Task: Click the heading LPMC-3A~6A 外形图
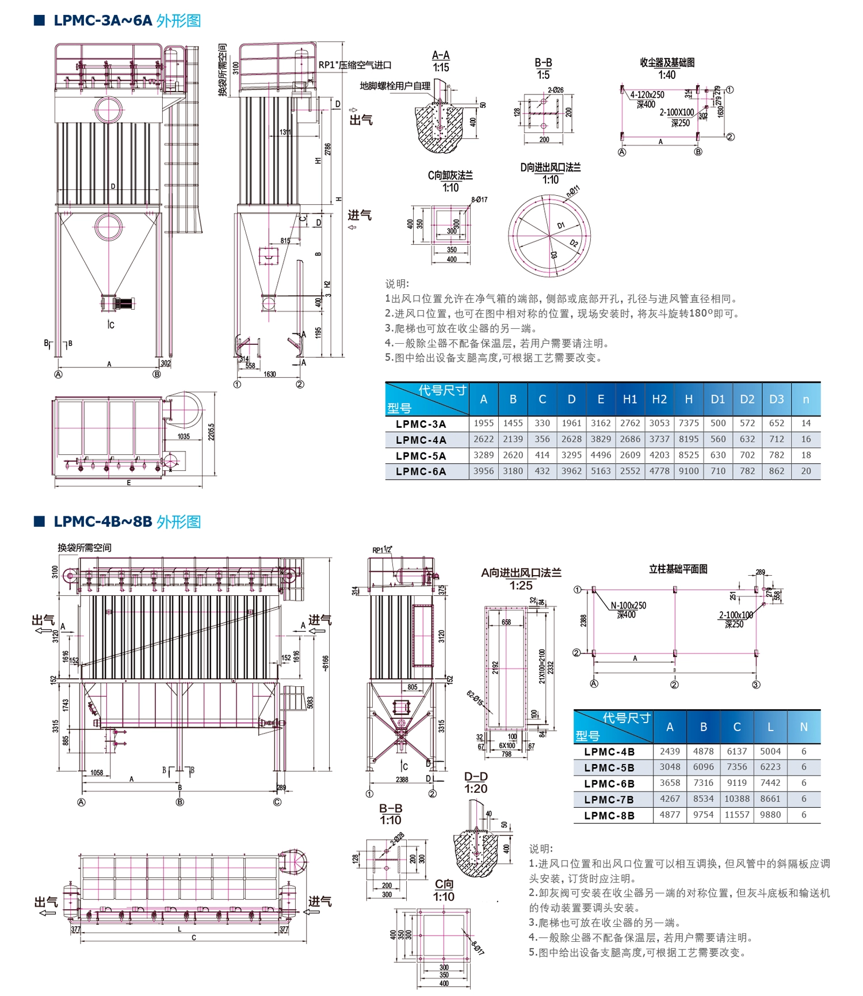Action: point(127,21)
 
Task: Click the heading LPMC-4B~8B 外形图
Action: point(127,522)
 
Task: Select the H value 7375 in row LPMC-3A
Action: point(688,423)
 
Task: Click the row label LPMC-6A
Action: point(421,471)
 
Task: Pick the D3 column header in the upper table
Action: point(776,399)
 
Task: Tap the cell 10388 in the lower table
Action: point(736,799)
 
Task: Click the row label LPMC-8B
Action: point(609,815)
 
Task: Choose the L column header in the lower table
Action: point(770,727)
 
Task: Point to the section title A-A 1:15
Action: point(441,61)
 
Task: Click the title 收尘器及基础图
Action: point(667,62)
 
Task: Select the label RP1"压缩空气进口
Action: point(354,65)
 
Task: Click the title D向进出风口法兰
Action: point(550,168)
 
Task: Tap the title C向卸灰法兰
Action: point(450,176)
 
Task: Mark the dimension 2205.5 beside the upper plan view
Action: point(211,432)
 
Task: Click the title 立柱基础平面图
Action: point(678,569)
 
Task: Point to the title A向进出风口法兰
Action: point(521,573)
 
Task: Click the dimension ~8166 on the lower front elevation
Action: point(325,663)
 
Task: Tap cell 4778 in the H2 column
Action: point(659,471)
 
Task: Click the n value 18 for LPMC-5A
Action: point(805,455)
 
